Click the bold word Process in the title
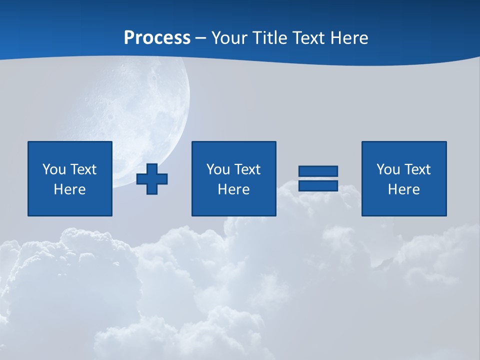click(x=157, y=38)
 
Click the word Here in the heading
click(x=351, y=38)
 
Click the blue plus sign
click(x=152, y=179)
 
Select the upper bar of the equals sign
click(x=318, y=171)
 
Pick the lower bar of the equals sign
click(x=318, y=185)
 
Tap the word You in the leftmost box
click(x=54, y=169)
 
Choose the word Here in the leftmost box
click(x=69, y=189)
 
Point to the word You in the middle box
click(x=218, y=169)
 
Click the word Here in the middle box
click(x=233, y=189)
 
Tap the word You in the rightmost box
click(x=388, y=169)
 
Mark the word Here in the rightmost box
click(x=403, y=189)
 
